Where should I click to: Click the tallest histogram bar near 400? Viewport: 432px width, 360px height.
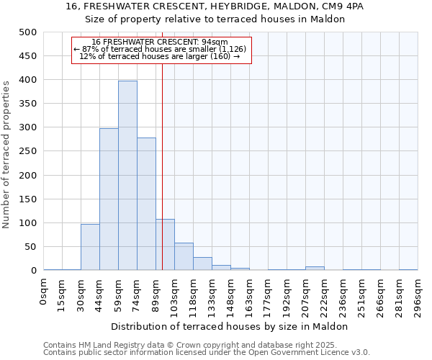[127, 176]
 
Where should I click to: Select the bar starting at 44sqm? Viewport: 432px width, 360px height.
[109, 199]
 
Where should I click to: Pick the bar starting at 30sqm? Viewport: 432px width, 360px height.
[90, 247]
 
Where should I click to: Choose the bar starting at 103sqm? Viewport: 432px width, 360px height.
[184, 256]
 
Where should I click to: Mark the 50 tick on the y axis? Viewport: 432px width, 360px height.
[31, 247]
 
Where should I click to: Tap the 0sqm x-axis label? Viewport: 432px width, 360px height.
[44, 292]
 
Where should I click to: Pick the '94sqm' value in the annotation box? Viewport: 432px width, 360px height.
[215, 42]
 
